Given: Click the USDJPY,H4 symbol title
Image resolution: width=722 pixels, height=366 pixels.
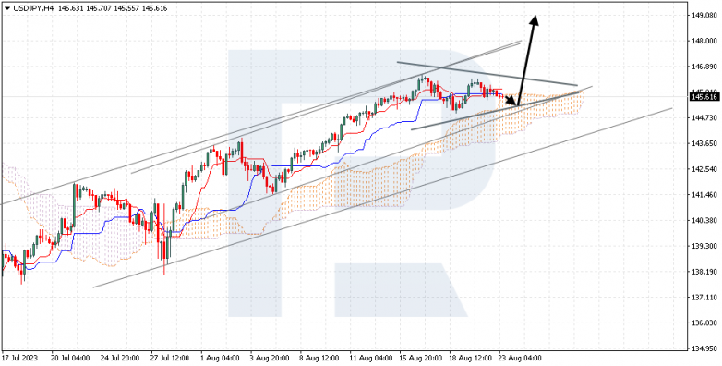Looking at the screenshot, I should [x=34, y=6].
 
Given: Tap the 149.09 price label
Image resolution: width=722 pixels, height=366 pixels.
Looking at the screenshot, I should [x=704, y=16].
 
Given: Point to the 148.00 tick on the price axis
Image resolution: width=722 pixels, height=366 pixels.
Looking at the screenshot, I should [x=704, y=42].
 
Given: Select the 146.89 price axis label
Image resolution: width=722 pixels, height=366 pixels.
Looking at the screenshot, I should [x=704, y=67].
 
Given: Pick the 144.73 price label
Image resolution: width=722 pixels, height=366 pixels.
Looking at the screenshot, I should [x=704, y=118].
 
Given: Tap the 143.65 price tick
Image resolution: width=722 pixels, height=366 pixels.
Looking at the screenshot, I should [x=704, y=143].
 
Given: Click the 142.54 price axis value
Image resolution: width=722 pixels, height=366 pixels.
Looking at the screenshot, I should [x=704, y=169].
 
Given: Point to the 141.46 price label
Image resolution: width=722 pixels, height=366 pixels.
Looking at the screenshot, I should [x=704, y=195].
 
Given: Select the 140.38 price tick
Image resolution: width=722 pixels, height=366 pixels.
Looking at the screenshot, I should [x=704, y=220].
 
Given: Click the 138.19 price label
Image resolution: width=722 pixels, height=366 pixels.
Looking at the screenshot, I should [x=704, y=272].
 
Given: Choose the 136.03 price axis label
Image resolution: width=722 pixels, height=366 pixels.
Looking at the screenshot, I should [x=704, y=323].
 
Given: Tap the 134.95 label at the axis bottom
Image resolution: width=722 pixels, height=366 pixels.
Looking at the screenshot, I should [x=704, y=348].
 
